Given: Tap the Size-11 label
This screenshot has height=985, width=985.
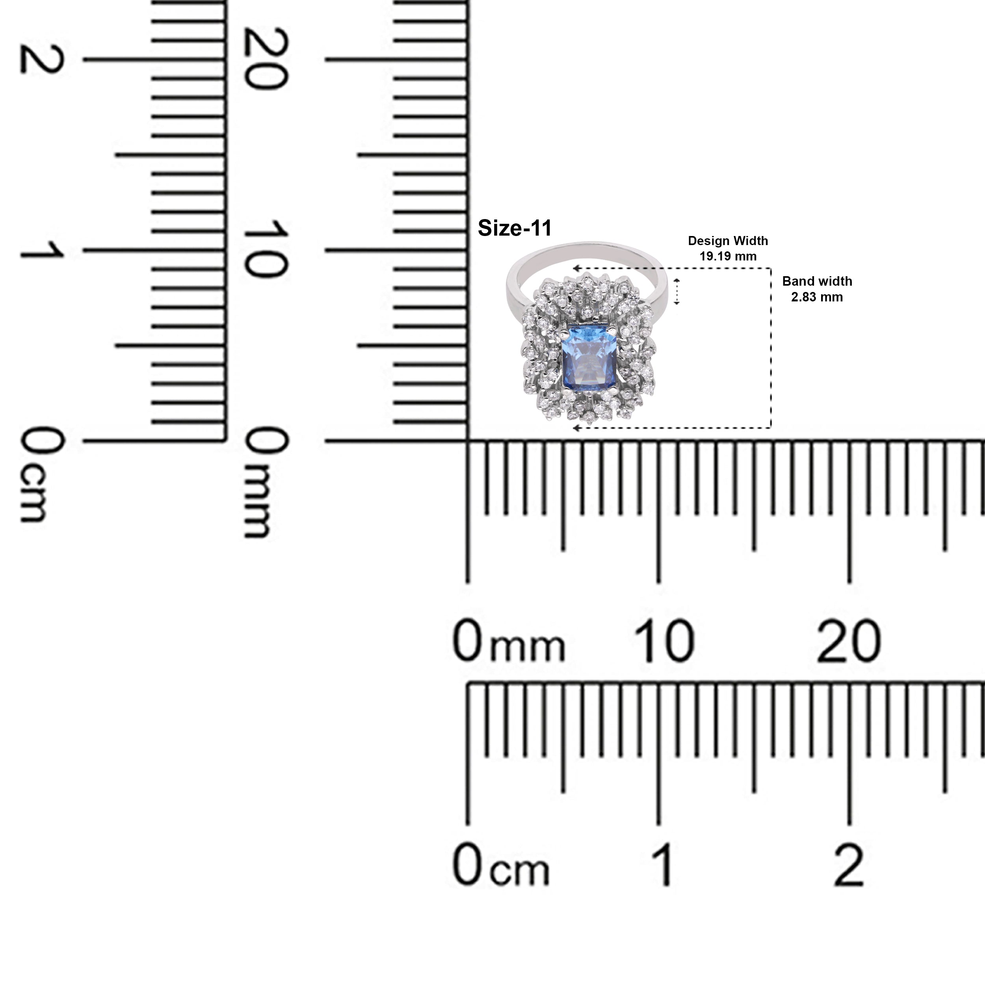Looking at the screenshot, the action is point(515,229).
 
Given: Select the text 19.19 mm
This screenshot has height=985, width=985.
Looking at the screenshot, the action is point(728,256).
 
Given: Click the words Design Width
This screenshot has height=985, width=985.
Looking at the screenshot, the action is point(728,241).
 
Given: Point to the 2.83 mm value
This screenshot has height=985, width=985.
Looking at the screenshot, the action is point(817,297).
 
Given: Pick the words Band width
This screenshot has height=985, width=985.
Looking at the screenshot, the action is point(817,281).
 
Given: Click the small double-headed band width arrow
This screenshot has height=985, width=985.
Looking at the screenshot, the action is point(677,292).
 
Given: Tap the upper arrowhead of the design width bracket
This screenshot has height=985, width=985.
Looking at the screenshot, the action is point(577,268).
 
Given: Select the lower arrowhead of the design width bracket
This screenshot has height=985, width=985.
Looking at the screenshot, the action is point(577,428).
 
